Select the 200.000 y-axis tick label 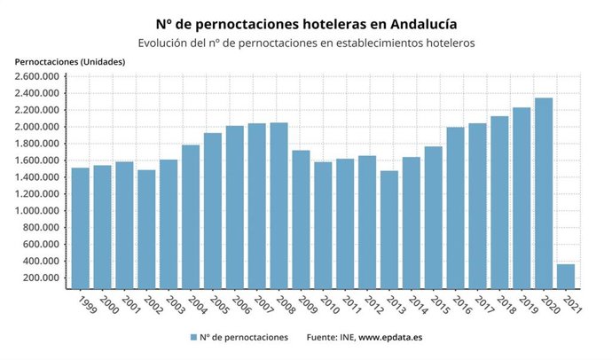(x=42, y=278)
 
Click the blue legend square (x=193, y=338)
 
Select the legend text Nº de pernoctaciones (x=245, y=338)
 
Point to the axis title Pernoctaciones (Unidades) (x=70, y=61)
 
